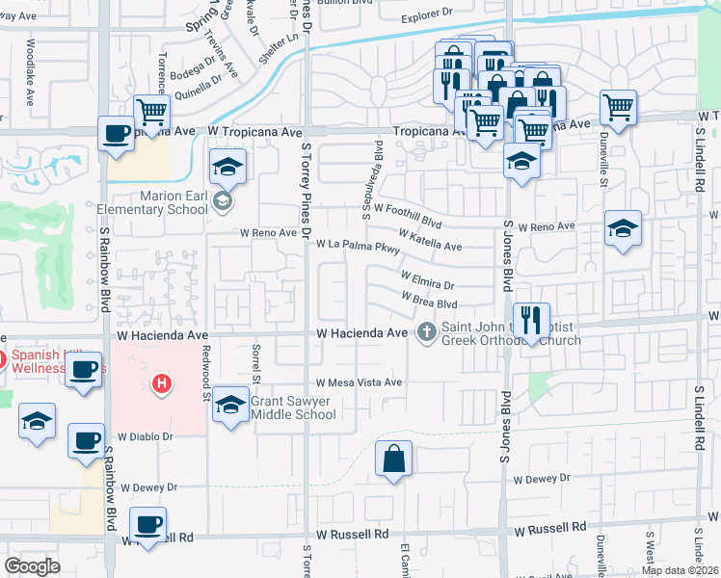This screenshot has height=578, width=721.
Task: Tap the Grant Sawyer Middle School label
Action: (293, 407)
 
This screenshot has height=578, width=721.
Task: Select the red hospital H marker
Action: (162, 385)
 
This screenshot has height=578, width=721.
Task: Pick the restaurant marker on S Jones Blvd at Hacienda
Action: (530, 319)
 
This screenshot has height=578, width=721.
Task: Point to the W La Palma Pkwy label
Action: (358, 246)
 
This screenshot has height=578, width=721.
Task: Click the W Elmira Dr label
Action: (427, 283)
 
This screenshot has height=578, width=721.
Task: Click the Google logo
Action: (33, 566)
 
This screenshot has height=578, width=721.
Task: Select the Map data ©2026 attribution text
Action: (679, 570)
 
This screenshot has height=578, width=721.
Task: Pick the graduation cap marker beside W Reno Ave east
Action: (623, 229)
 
